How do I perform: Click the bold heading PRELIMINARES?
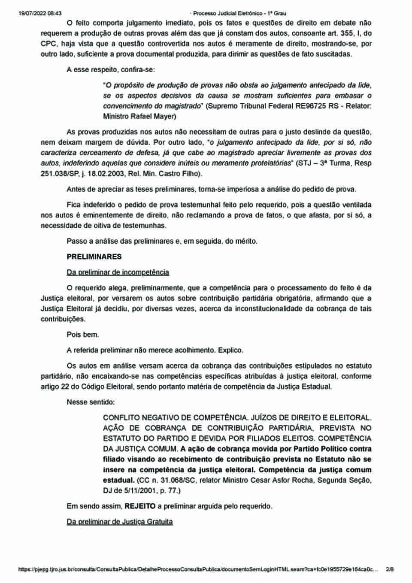[x=94, y=257]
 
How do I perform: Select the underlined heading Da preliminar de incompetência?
[x=118, y=272]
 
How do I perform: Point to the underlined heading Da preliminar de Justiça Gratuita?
[x=119, y=522]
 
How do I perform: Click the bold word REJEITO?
[x=140, y=506]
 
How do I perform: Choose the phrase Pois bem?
[x=83, y=335]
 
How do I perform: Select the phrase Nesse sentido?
[x=91, y=402]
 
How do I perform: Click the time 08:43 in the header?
[x=55, y=13]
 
